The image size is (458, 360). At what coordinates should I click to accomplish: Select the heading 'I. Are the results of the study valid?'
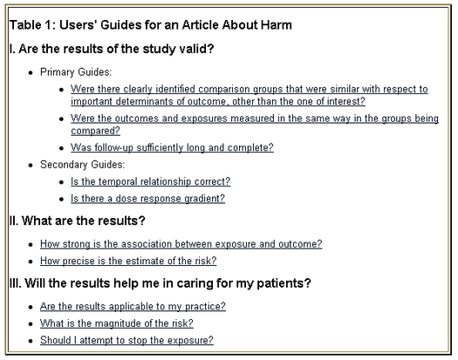click(112, 49)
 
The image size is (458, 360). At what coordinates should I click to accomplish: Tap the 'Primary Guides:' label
click(76, 72)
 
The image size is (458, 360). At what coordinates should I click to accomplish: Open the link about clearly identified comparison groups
click(250, 95)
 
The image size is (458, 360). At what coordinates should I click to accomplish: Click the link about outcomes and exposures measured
click(255, 125)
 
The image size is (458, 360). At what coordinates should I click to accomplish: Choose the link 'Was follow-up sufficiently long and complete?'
click(172, 147)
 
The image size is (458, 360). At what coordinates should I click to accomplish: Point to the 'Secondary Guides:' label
click(82, 165)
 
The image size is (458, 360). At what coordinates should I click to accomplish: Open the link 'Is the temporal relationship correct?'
click(150, 181)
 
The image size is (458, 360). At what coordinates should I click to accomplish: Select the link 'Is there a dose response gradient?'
click(147, 199)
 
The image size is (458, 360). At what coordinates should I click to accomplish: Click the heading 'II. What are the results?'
click(77, 221)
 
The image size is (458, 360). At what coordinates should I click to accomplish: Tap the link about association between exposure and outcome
click(181, 244)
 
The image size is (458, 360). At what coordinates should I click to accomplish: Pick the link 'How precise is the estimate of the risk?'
click(128, 261)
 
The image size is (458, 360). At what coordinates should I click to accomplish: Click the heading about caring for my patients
click(160, 283)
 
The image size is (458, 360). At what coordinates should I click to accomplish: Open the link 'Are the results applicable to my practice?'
click(133, 306)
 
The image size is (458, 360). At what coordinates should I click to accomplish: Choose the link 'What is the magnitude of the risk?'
click(117, 323)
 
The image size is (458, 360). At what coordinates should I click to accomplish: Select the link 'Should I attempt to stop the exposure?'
click(126, 340)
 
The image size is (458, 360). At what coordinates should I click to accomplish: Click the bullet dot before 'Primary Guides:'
click(31, 72)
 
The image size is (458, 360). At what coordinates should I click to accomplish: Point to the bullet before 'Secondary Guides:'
click(31, 166)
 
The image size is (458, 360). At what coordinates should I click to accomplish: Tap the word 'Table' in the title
click(25, 24)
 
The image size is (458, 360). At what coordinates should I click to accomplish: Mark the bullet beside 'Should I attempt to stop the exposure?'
click(31, 341)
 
